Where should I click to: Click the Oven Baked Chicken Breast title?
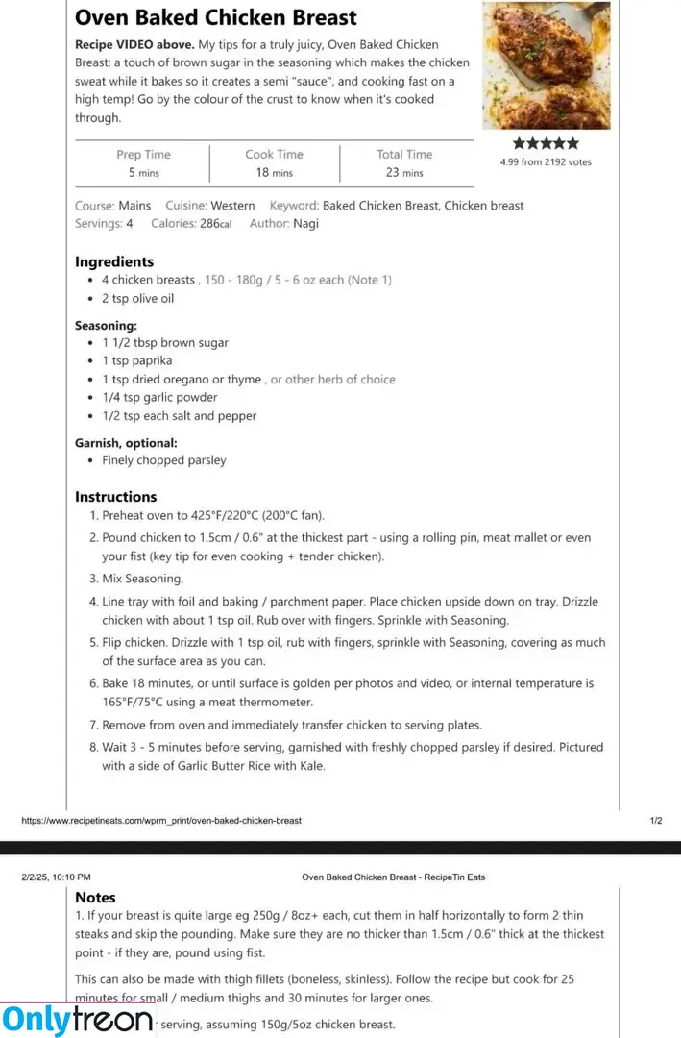point(215,17)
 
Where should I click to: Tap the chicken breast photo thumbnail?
point(546,65)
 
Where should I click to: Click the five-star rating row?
point(546,143)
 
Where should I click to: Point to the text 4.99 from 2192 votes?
point(546,162)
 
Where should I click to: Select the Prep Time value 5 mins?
point(144,173)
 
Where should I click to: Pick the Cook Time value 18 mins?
point(274,173)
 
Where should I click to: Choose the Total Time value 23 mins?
point(404,173)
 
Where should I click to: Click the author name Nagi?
point(305,224)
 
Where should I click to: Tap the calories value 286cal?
point(215,224)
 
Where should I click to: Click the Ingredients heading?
point(114,261)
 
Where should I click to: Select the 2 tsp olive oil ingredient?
point(138,299)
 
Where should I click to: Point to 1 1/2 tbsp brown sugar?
point(165,343)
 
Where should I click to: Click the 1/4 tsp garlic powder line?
point(159,398)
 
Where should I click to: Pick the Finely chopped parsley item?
point(164,460)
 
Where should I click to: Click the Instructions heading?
point(115,497)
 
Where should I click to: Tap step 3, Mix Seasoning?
point(142,579)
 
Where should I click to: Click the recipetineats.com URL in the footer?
point(161,821)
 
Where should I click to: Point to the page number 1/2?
point(656,821)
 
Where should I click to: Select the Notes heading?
point(95,898)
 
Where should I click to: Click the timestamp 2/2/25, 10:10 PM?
point(56,877)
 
